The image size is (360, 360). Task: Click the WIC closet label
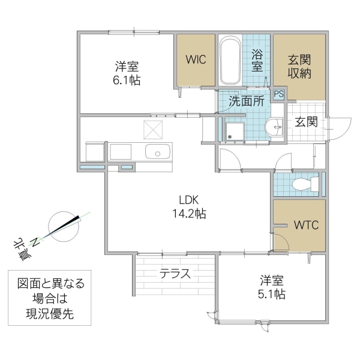(x=196, y=59)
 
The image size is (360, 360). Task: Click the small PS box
(x=279, y=94)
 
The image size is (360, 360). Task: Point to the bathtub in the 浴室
(x=230, y=62)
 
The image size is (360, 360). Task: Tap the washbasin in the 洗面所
(x=276, y=127)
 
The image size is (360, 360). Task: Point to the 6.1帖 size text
(x=127, y=80)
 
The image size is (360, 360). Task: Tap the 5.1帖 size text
(x=272, y=294)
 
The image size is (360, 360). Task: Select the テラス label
(x=175, y=275)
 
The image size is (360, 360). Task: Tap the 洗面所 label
(x=247, y=101)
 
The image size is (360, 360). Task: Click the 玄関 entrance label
(x=305, y=122)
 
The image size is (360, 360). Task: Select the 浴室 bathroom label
(x=257, y=60)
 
